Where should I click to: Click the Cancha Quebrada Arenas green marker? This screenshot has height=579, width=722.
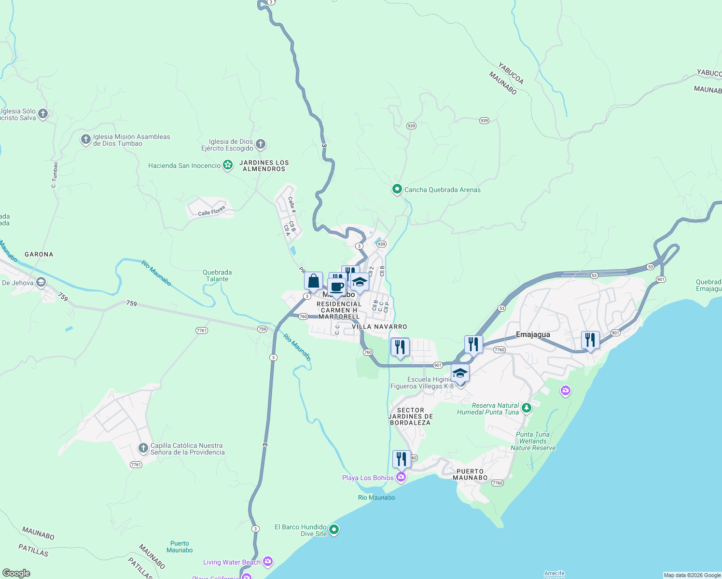point(397,189)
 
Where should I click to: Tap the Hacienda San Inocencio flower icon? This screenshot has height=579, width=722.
point(228,165)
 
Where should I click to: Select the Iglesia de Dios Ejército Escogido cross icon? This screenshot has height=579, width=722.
point(261,144)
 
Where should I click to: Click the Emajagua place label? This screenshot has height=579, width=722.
point(533,334)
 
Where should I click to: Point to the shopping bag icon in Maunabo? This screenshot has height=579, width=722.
point(313,281)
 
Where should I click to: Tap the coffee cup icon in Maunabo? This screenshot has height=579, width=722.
point(337,287)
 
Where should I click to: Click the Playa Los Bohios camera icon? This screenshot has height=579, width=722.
point(401,477)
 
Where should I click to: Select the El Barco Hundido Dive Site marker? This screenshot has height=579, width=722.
point(333,530)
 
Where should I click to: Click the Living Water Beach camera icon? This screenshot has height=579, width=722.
point(268,562)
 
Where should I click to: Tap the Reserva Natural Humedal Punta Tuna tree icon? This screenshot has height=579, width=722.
point(527,408)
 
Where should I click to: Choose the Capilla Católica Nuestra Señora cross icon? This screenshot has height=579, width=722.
point(143,448)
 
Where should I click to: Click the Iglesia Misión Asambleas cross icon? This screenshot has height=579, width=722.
point(85,139)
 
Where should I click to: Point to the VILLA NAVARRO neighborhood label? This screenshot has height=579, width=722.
point(379,327)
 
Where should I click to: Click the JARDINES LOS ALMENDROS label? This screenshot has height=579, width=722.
point(264,166)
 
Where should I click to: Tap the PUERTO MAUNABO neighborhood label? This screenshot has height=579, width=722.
point(470,474)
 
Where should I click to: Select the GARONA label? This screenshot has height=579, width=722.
point(39,254)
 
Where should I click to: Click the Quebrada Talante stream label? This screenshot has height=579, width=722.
point(217,276)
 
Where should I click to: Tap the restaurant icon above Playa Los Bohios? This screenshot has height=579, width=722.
point(402,459)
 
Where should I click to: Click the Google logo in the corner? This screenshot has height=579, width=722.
point(16,573)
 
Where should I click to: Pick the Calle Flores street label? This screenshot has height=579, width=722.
point(211,211)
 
